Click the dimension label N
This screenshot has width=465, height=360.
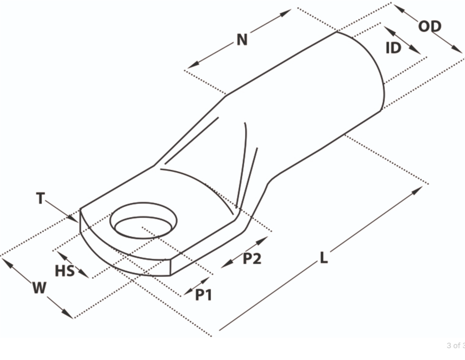point(242,39)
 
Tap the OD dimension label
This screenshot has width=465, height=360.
point(430,26)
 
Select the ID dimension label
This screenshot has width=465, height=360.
point(393,48)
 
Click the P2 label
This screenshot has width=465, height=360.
point(252,258)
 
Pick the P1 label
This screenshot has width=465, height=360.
point(204,295)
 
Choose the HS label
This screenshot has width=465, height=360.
point(65,271)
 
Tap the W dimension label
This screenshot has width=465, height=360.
point(39,288)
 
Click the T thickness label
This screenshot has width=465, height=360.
point(40,198)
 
